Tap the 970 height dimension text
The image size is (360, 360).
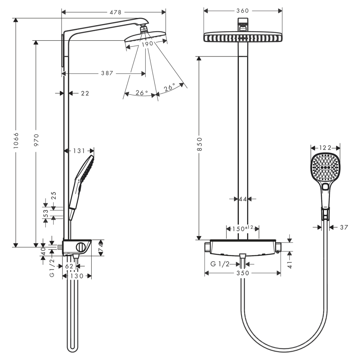[x=36, y=141]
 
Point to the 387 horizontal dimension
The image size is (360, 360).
[x=107, y=73]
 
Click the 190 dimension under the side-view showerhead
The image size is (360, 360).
[x=147, y=44]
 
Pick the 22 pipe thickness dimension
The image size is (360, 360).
[x=85, y=93]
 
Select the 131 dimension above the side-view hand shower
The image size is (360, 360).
[x=79, y=151]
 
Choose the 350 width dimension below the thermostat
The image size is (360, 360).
[x=242, y=273]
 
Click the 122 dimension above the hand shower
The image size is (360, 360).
[x=326, y=148]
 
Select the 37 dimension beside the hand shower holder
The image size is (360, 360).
[x=343, y=227]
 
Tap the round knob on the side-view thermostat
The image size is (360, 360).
[x=81, y=247]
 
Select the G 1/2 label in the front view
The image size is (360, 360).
[x=220, y=264]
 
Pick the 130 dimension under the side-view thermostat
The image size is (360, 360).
[x=77, y=276]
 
